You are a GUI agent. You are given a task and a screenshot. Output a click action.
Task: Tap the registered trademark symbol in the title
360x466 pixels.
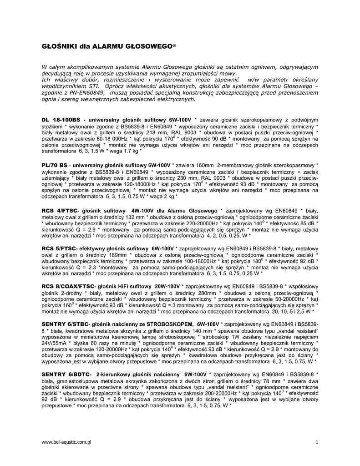click(174, 46)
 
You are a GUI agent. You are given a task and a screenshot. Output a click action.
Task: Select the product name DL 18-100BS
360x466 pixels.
click(61, 119)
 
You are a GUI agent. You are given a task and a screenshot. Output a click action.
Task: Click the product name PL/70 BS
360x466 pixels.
click(55, 164)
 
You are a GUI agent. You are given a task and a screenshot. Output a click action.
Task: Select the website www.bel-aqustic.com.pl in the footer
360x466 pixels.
click(67, 442)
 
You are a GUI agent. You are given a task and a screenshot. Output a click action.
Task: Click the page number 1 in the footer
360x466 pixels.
click(316, 442)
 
